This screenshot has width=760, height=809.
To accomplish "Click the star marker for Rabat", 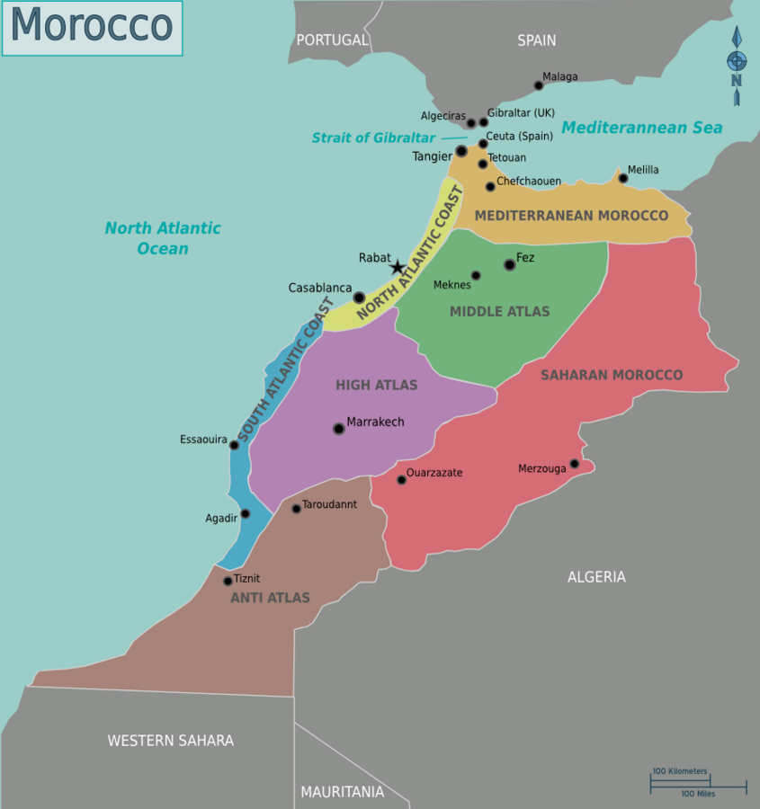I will [x=397, y=267].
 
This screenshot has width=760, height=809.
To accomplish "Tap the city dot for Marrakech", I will [x=339, y=429].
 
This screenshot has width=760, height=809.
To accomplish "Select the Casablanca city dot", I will [x=359, y=298].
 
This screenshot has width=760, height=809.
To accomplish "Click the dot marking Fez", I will [x=510, y=264].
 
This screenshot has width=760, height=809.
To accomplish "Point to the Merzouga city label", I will [x=542, y=468].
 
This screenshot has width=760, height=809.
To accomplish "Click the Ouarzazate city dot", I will [x=402, y=480].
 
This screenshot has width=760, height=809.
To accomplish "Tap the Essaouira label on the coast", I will [x=203, y=440].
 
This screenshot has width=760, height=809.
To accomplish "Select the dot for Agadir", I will [x=245, y=514].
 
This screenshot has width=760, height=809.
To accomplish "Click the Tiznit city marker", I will [x=228, y=581].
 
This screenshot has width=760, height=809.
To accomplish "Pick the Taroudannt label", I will [x=329, y=504].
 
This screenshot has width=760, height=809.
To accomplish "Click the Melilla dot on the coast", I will [x=622, y=178].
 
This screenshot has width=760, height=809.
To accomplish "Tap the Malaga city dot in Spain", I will [x=539, y=86].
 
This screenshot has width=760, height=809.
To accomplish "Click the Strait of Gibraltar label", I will [x=373, y=138].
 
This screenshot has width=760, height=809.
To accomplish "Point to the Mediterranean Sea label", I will [x=642, y=128].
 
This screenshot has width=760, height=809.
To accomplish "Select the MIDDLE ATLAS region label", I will [x=499, y=311].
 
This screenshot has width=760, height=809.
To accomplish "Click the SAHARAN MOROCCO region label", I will [x=612, y=375].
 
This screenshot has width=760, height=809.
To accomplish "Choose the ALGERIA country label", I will [x=596, y=577].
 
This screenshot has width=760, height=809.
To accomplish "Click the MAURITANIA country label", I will [x=343, y=792].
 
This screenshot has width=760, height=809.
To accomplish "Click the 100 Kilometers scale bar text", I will [x=680, y=771].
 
